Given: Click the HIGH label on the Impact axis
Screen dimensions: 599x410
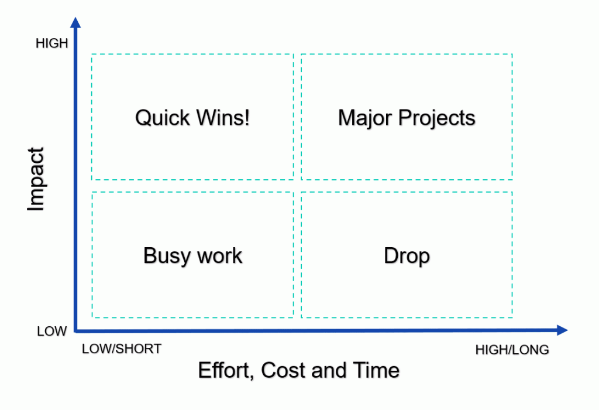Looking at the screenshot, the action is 52,43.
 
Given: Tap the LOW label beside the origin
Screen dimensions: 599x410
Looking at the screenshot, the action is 52,331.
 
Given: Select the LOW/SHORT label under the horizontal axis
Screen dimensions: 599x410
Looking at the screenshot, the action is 122,349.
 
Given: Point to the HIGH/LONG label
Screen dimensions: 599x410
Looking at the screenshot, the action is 512,350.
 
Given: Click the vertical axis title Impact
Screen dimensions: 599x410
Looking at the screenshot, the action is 36,179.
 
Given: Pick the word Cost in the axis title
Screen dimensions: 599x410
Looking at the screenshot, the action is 284,370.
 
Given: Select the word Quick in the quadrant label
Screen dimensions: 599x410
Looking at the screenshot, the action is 163,118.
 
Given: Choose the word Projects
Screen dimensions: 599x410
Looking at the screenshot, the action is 436,118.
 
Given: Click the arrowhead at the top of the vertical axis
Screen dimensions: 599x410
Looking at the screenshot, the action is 75,23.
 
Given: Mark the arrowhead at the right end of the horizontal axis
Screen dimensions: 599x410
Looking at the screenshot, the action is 562,330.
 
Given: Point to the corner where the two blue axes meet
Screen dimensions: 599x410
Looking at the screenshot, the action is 75,330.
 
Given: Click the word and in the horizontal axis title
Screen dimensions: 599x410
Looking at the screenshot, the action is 329,370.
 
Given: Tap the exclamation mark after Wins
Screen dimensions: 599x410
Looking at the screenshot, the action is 247,117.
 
